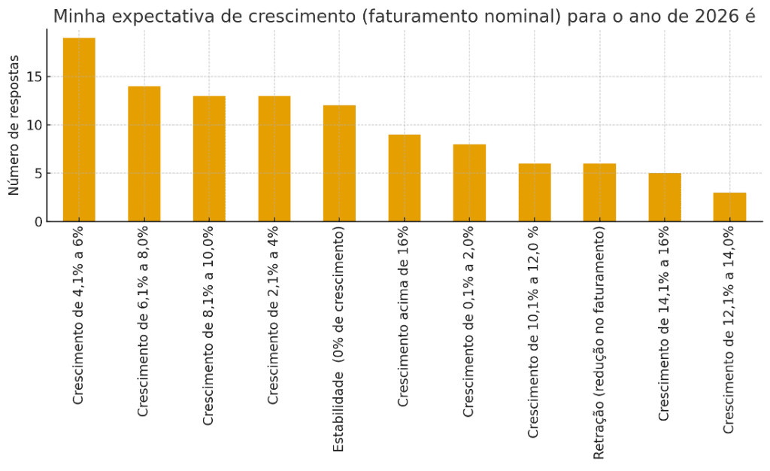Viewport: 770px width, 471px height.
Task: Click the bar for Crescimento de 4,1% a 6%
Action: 79,129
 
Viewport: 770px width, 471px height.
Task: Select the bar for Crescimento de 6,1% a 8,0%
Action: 144,153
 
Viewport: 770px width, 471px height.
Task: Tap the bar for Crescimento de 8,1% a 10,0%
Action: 209,159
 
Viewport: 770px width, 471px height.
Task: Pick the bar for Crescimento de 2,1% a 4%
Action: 274,159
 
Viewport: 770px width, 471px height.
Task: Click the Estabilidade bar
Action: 339,163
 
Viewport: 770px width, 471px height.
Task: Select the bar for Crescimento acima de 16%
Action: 405,178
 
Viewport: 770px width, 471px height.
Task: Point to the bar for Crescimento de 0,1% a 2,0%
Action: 469,183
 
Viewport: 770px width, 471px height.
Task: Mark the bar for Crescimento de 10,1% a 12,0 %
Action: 535,193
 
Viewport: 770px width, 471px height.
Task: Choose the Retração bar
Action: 599,193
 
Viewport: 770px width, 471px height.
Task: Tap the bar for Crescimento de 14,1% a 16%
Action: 665,197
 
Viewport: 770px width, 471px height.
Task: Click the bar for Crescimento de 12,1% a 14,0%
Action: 729,207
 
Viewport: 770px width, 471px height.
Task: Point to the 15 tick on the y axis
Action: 32,77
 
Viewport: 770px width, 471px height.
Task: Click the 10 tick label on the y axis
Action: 32,125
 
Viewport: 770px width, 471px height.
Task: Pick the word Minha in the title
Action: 77,16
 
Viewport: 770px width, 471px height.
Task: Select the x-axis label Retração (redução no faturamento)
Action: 599,342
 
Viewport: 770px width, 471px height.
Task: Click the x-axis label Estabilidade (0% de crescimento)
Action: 339,339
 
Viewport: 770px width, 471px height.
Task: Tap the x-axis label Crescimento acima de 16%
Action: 404,316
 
